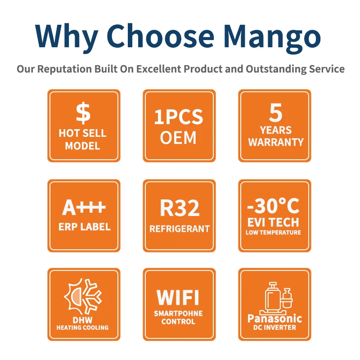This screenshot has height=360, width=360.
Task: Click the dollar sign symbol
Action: tap(83, 113)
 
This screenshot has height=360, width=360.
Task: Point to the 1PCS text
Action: tap(179, 117)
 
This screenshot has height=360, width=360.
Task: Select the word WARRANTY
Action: tap(276, 142)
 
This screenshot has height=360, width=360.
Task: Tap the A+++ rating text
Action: tap(84, 207)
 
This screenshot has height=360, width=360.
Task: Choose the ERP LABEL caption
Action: tap(85, 227)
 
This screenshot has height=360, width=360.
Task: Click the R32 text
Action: tap(180, 208)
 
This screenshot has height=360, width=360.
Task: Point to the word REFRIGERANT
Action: tap(180, 229)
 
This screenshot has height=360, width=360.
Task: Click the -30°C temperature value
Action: tap(273, 206)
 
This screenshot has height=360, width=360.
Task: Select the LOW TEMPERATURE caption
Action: tap(273, 232)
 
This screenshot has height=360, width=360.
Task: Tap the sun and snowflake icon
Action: tap(83, 296)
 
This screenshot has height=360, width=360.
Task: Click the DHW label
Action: tap(82, 320)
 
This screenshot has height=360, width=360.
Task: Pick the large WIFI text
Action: tap(178, 297)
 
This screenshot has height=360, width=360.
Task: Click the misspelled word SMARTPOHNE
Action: tap(178, 313)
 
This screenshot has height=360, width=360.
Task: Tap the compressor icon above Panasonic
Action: tap(276, 298)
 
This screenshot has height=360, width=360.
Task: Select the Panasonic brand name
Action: tap(274, 319)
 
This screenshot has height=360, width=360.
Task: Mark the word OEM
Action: tap(178, 138)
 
